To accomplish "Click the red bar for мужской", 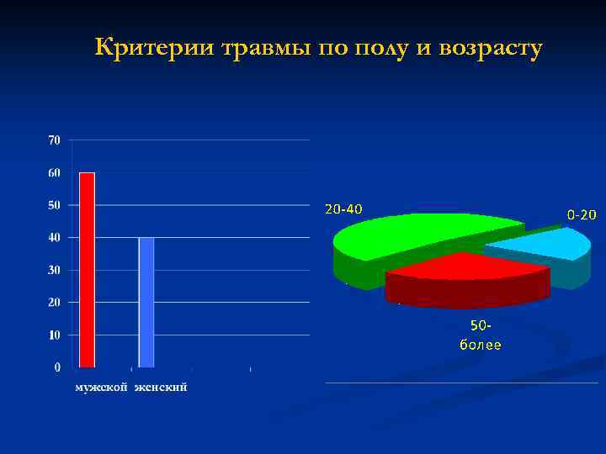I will [87, 270].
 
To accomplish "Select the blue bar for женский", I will [146, 303].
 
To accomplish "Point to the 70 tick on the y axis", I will [54, 140].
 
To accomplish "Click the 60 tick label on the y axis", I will [54, 173].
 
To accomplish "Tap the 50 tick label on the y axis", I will [54, 205].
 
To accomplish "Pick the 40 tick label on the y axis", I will [54, 238].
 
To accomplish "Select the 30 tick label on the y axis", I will [54, 270].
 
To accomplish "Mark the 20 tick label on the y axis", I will [54, 302].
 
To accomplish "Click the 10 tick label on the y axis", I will [54, 335].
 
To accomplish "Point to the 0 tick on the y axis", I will [57, 367].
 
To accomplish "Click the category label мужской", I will [101, 388].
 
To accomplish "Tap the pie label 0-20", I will [581, 215].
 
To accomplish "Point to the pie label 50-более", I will [480, 335].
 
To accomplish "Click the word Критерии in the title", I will [155, 48].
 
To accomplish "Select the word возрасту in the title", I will [487, 49].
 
